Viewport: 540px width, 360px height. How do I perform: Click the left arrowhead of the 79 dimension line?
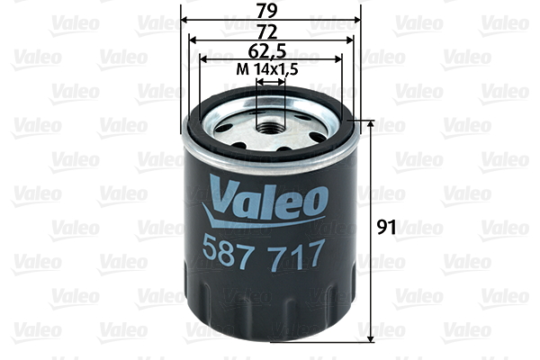[x=185, y=19]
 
